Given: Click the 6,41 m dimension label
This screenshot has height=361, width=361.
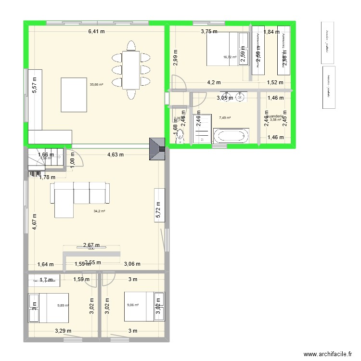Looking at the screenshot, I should tap(96, 32).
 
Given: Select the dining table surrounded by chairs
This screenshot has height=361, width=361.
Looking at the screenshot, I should tap(130, 70).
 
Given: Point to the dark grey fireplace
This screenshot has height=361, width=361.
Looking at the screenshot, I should tap(157, 152).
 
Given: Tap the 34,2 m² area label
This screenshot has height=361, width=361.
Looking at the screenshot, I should tap(99, 211).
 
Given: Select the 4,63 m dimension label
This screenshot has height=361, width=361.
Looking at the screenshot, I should tap(116, 155).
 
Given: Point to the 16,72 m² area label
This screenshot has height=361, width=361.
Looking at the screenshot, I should tap(230, 57).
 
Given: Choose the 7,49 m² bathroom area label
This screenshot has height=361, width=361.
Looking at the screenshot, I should tap(225, 117).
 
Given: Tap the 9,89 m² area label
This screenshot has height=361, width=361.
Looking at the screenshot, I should tap(64, 305).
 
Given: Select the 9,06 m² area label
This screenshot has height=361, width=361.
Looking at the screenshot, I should tap(133, 305).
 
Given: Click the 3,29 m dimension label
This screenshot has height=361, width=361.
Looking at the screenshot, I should tap(63, 331).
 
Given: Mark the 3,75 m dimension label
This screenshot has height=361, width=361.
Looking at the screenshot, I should tap(209, 32).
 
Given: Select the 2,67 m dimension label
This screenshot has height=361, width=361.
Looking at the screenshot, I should tap(91, 245).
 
